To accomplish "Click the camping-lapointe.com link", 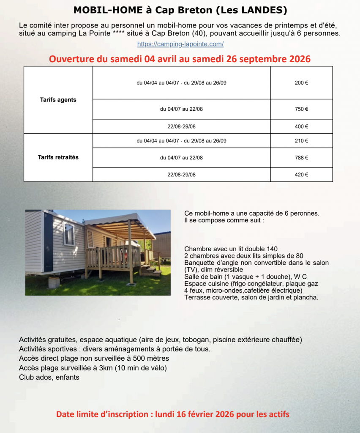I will point(180,44).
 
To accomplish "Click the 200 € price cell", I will point(301,83).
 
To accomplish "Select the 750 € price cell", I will point(301,109).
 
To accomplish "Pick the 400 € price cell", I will point(301,126).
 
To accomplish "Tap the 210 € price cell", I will point(301,141).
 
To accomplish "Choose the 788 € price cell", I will point(301,158).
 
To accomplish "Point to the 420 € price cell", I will point(301,175).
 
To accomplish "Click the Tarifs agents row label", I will point(58,100).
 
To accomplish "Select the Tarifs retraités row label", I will point(58,157).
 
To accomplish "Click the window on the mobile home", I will point(68,233).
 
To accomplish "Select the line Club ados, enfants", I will point(49,377).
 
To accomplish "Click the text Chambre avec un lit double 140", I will point(231,249).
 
